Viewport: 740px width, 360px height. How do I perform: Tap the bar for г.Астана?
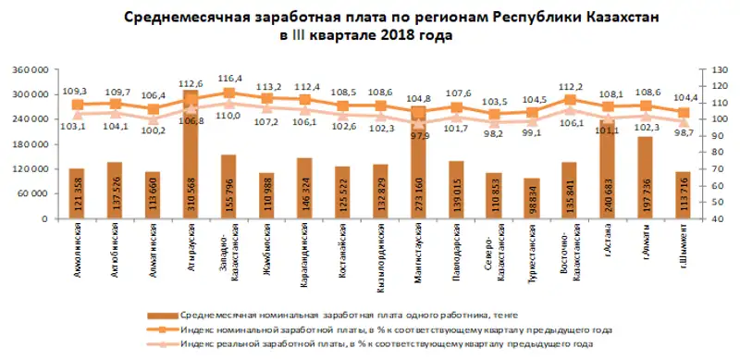(607, 170)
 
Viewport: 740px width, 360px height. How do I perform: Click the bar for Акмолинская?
(77, 194)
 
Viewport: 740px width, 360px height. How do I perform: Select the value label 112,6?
(190, 82)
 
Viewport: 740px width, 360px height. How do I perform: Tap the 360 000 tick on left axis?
(31, 69)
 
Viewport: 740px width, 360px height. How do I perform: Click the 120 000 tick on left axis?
(31, 169)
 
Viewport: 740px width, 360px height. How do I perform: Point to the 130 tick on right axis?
(706, 69)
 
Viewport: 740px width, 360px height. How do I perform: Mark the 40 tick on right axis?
(704, 219)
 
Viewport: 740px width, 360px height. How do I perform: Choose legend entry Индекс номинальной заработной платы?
(388, 329)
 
